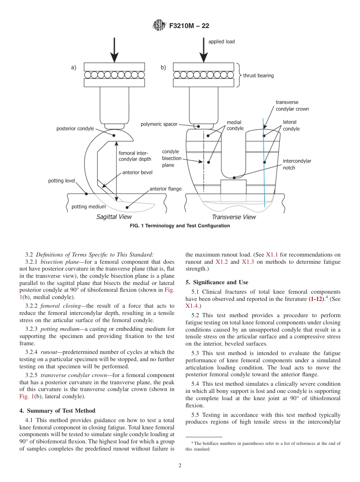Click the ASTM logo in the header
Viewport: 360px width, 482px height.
coord(159,26)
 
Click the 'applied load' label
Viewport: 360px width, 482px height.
coord(222,42)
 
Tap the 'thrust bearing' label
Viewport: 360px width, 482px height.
coord(258,75)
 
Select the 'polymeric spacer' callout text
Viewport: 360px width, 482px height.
coord(159,124)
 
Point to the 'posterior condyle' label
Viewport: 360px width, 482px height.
coord(75,129)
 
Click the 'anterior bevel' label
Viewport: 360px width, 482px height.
coord(137,172)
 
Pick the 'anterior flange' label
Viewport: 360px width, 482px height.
coord(166,189)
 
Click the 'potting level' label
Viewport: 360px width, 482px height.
coord(61,181)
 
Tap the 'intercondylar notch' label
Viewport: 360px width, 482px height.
coord(297,164)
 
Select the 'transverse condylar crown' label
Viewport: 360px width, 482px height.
coord(292,106)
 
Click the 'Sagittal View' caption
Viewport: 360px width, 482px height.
coord(114,217)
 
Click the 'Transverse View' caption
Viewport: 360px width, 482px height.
coord(234,217)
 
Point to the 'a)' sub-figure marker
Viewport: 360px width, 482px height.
coord(74,67)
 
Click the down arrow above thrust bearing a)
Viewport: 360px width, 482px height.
coord(114,49)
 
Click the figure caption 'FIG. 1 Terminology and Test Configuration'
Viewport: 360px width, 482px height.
coord(180,226)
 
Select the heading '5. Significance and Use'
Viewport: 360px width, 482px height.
coord(217,282)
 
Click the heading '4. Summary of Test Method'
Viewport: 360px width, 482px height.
coord(57,411)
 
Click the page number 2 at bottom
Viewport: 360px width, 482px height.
coord(180,466)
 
